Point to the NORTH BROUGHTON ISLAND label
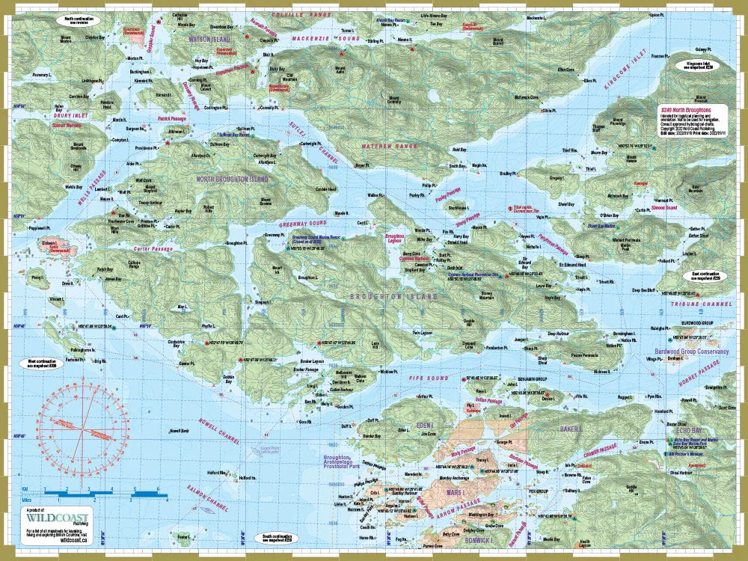tap(232, 180)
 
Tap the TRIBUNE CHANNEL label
tap(702, 304)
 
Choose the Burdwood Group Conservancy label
tap(682, 349)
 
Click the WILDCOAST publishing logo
tap(52, 518)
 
